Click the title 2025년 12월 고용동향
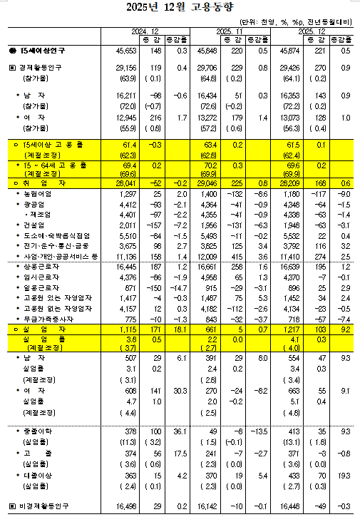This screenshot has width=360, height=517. coord(180,9)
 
